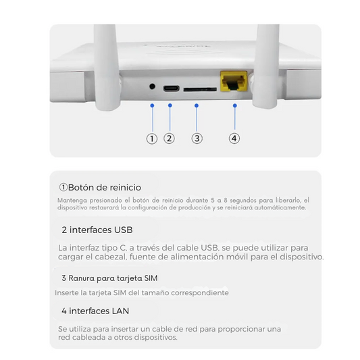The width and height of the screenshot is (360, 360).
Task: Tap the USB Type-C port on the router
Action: tap(170, 88)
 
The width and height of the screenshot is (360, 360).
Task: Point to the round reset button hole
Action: tap(153, 87)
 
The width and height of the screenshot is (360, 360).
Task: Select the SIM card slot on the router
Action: tap(201, 88)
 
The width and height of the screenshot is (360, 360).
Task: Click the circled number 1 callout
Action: tap(152, 138)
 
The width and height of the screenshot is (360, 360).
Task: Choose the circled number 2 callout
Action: tap(170, 138)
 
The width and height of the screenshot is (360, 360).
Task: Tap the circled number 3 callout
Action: tap(197, 138)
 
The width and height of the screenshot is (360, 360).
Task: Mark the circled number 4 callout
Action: tap(234, 138)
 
